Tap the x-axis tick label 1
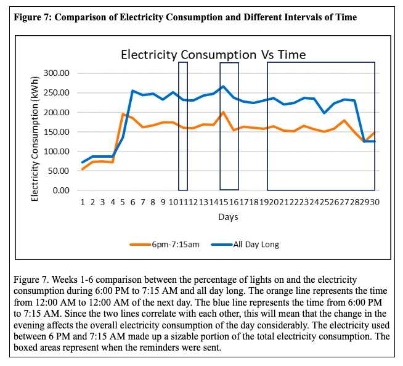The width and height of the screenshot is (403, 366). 83,202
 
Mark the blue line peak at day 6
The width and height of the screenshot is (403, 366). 132,91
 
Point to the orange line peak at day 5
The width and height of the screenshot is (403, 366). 123,114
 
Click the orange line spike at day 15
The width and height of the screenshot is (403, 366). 223,112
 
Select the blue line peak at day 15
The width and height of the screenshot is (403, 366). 223,86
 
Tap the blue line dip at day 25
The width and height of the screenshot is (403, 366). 324,113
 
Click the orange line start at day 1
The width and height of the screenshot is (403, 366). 83,169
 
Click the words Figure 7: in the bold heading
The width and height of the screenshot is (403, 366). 31,17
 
